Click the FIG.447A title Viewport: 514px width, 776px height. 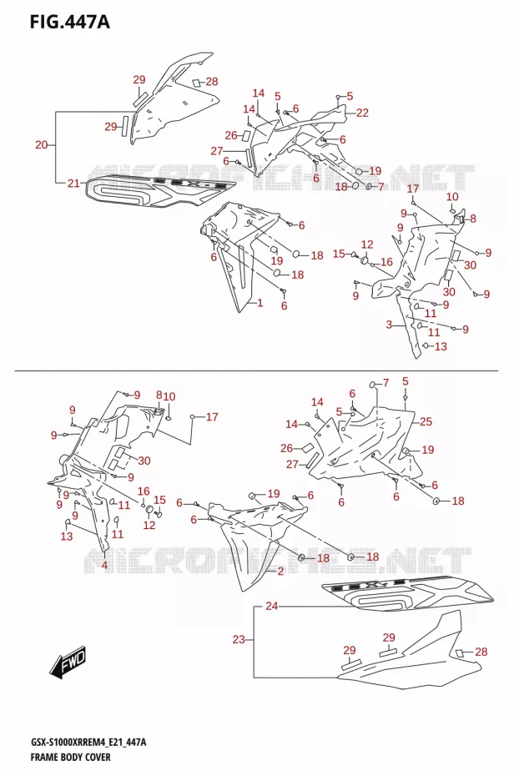point(69,22)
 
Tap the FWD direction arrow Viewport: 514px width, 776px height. point(68,663)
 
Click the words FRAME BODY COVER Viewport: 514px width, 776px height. point(70,757)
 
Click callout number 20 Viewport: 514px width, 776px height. point(42,145)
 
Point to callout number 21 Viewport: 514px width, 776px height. point(73,183)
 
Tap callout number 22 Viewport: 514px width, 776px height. point(362,113)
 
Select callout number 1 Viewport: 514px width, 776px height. point(260,303)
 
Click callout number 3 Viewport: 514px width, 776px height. point(389,325)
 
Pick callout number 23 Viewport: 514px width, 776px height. point(239,639)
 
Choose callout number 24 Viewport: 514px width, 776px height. point(271,606)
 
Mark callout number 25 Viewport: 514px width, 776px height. point(426,421)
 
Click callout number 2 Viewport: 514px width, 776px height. point(280,572)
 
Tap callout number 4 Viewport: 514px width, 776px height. point(104,565)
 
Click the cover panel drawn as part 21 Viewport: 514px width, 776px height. point(159,193)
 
